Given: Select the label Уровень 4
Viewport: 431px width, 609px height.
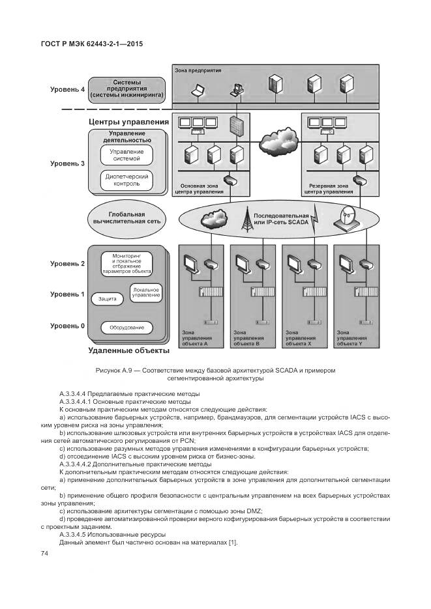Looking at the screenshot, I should [x=68, y=90].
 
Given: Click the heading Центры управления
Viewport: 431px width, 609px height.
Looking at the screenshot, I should [x=128, y=122].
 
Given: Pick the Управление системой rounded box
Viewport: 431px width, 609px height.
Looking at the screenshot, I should [x=126, y=155].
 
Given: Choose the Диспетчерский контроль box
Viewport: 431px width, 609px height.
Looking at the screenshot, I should [x=126, y=180].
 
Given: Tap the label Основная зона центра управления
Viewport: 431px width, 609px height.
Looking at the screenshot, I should [x=201, y=189].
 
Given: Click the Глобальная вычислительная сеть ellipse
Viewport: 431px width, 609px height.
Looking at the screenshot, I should [x=127, y=218].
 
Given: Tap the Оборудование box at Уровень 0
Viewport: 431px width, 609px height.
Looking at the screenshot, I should [x=126, y=328].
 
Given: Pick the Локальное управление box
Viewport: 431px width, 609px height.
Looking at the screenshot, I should [x=145, y=292].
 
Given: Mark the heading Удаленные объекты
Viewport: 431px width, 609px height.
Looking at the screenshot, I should [x=128, y=350].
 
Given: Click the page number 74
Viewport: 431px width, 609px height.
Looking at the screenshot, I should [x=45, y=553].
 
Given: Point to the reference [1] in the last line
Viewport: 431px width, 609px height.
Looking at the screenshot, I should [x=232, y=543].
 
